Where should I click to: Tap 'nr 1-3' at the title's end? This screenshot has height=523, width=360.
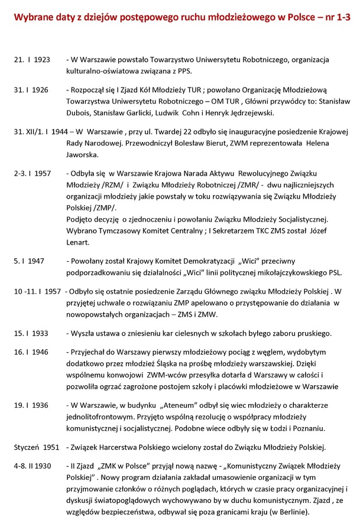[x=335, y=15]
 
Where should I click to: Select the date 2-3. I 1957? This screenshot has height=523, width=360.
[x=33, y=174]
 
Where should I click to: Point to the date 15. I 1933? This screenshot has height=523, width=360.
[x=32, y=333]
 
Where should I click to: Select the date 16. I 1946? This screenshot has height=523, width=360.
[x=32, y=353]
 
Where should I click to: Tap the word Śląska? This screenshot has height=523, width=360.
[x=167, y=364]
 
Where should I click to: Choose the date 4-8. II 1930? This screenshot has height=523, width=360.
[x=33, y=467]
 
